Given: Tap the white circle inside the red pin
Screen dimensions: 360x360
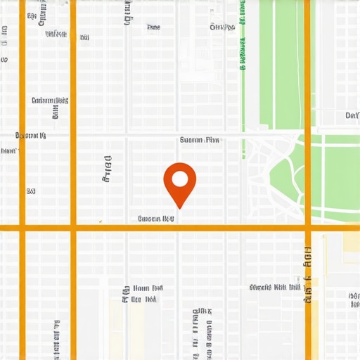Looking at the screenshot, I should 180,178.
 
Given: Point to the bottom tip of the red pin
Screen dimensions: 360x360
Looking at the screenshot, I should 180,208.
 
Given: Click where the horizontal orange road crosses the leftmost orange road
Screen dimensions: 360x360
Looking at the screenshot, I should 22,228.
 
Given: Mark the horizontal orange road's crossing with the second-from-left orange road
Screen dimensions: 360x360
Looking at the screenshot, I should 73,228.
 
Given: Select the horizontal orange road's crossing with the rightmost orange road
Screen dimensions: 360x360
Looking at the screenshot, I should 308,228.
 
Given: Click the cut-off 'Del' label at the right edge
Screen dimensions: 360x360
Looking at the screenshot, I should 352,115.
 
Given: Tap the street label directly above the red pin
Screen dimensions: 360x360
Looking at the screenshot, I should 200,140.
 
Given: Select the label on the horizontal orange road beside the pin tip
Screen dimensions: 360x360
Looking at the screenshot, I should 156,219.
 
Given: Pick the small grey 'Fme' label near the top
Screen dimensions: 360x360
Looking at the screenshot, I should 153,27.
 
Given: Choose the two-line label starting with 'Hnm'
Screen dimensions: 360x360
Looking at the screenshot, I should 143,293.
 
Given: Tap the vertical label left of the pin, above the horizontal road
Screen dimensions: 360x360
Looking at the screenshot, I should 108,169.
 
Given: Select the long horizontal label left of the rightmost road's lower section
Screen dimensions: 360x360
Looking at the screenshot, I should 275,287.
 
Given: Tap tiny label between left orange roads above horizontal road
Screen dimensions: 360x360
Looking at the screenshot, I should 31,191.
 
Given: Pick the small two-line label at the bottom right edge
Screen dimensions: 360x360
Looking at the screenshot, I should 354,300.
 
